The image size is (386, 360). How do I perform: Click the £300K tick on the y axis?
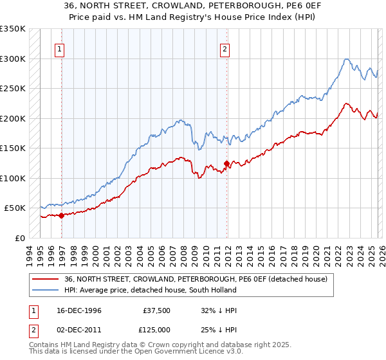tap(13, 59)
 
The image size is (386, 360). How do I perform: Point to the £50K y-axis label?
tap(15, 208)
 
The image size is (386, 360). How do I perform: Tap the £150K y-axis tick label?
tap(13, 148)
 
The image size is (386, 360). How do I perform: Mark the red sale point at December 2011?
tap(226, 163)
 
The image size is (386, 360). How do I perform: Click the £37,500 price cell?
tap(157, 310)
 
